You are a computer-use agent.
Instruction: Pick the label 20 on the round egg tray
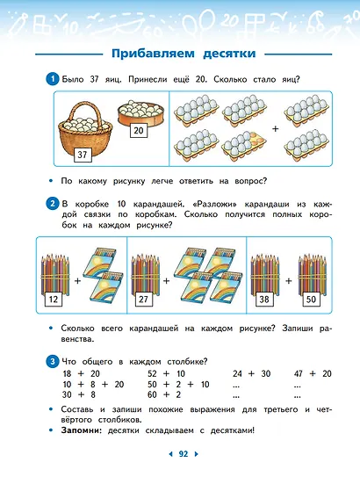click(139, 132)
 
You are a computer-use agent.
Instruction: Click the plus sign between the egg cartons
click(275, 128)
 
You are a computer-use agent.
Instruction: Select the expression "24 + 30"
click(250, 373)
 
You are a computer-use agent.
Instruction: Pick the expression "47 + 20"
click(313, 373)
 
